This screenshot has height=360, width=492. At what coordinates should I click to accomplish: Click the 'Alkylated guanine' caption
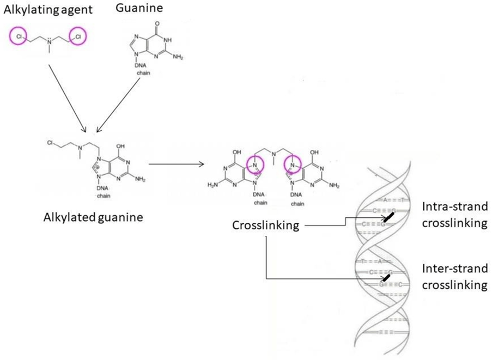coord(93,218)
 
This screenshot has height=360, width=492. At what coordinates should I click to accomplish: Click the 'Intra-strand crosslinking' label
coord(454,215)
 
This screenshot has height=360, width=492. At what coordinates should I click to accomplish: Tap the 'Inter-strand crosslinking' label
coord(454,277)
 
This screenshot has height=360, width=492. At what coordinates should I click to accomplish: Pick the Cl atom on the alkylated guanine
coord(50,143)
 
